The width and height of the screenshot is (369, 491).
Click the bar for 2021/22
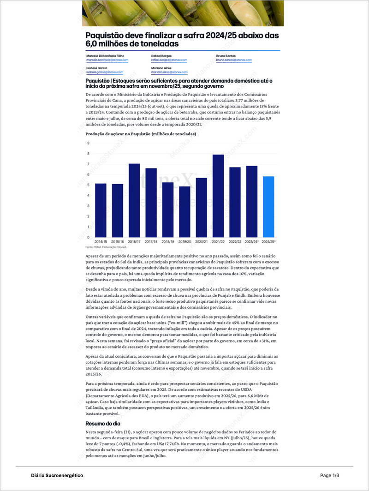pyautogui.click(x=218, y=196)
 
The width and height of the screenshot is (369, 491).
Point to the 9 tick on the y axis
pyautogui.click(x=88, y=143)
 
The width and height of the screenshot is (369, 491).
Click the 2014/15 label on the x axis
pyautogui.click(x=101, y=241)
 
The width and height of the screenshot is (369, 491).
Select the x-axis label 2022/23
pyautogui.click(x=235, y=241)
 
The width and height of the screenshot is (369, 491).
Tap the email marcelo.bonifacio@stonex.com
pyautogui.click(x=107, y=60)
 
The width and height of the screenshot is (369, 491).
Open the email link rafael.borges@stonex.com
pyautogui.click(x=169, y=60)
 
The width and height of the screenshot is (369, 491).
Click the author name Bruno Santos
pyautogui.click(x=226, y=56)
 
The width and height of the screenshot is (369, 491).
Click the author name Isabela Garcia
pyautogui.click(x=96, y=68)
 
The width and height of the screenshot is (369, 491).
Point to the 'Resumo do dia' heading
pyautogui.click(x=103, y=424)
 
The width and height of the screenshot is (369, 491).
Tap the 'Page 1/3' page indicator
pyautogui.click(x=329, y=475)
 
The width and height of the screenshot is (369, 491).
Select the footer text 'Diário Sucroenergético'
pyautogui.click(x=57, y=475)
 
